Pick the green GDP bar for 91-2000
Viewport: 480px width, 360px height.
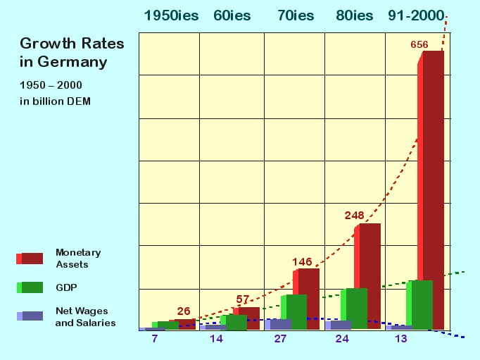pyautogui.click(x=419, y=304)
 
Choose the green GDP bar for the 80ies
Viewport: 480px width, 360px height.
pyautogui.click(x=354, y=309)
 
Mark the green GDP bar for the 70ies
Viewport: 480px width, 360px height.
pyautogui.click(x=293, y=312)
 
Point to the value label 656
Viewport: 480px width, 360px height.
pyautogui.click(x=419, y=45)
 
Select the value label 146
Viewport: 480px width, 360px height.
pyautogui.click(x=302, y=262)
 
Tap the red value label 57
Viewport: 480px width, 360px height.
pyautogui.click(x=243, y=299)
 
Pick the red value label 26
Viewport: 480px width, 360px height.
pyautogui.click(x=184, y=311)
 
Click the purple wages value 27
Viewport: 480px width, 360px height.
pyautogui.click(x=280, y=338)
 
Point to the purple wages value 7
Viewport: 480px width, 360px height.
pyautogui.click(x=155, y=338)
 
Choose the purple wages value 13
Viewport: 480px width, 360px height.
pyautogui.click(x=401, y=338)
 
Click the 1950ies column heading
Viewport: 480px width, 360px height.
pyautogui.click(x=171, y=15)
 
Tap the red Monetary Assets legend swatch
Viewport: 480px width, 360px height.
pyautogui.click(x=30, y=259)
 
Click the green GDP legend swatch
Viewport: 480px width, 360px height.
pyautogui.click(x=30, y=287)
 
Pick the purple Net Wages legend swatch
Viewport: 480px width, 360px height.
pyautogui.click(x=30, y=316)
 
